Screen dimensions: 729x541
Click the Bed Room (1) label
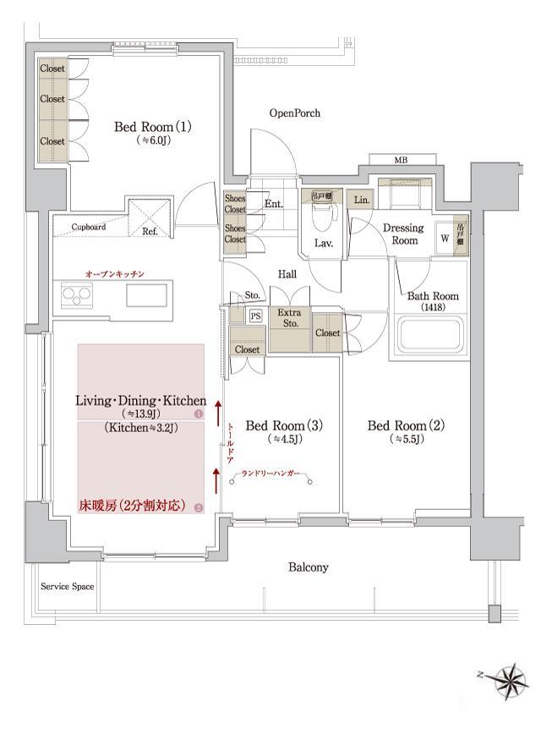(x=153, y=127)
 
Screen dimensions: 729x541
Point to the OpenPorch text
(x=295, y=112)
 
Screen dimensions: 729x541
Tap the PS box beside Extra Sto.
(x=255, y=315)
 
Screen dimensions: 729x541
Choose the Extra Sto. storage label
(x=289, y=318)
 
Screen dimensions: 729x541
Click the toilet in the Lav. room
(x=321, y=218)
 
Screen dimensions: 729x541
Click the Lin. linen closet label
(x=361, y=200)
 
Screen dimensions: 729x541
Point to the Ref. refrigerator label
(x=150, y=230)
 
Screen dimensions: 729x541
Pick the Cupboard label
(x=88, y=227)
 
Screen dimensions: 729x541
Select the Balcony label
(x=308, y=567)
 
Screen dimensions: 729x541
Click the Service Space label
(x=67, y=586)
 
